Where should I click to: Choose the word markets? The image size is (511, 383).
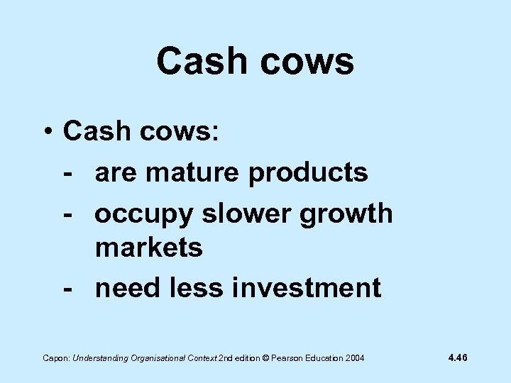pyautogui.click(x=149, y=248)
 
